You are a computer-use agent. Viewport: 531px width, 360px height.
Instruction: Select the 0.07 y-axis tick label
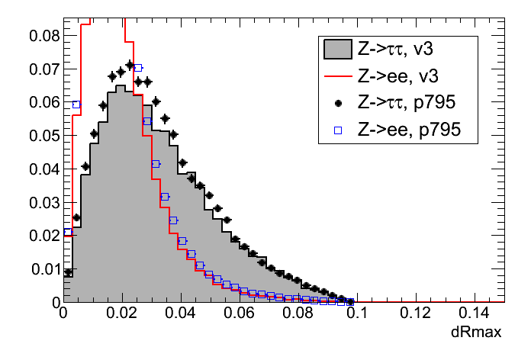pos(43,69)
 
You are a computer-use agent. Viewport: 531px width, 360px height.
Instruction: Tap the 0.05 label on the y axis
pos(43,135)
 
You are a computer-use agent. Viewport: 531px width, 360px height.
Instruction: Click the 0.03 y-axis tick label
pos(43,202)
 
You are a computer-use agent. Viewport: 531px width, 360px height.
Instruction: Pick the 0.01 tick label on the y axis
pos(43,268)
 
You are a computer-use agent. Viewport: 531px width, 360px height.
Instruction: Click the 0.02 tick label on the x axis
pos(121,313)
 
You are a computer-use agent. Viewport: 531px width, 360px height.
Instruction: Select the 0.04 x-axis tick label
pos(180,313)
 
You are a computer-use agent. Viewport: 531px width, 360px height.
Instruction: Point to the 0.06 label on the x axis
pos(239,313)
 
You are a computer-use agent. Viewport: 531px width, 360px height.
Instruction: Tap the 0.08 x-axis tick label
pos(298,313)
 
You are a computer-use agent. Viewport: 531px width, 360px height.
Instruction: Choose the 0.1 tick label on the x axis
pos(356,313)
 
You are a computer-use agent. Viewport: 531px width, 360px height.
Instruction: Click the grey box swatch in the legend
pos(337,50)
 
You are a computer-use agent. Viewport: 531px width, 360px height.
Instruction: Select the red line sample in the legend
pos(337,76)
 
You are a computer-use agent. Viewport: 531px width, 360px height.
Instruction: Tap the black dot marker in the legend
pos(337,103)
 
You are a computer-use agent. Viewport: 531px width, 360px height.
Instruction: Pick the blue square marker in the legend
pos(337,130)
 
